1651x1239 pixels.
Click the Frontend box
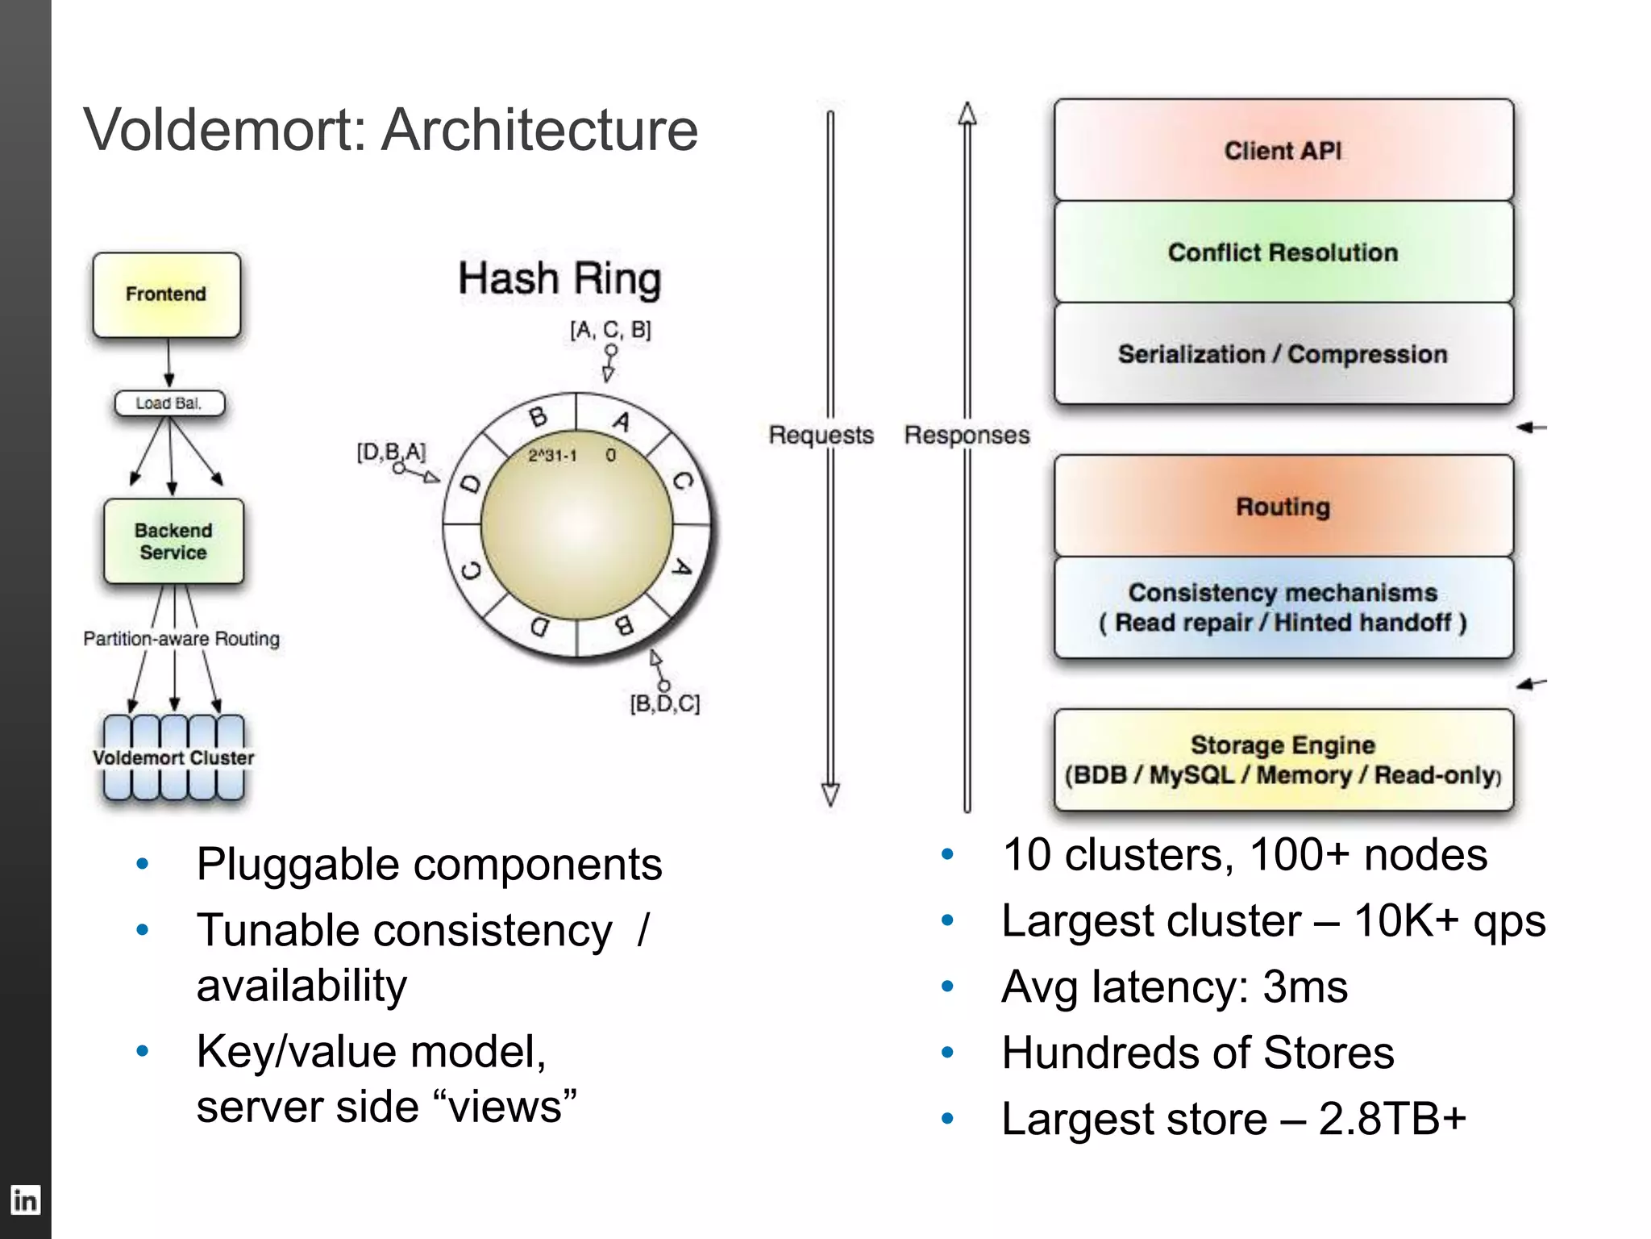[x=166, y=294]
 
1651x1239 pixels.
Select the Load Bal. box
[x=169, y=403]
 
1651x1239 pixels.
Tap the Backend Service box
[x=173, y=541]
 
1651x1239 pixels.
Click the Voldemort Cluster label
[x=173, y=757]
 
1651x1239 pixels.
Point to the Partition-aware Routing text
[x=181, y=638]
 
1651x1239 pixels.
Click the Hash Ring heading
[x=559, y=278]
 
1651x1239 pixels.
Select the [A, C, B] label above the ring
[x=610, y=329]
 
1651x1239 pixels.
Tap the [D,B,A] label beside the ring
[x=391, y=451]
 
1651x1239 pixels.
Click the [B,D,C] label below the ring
[x=664, y=703]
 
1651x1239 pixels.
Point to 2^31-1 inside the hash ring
[x=552, y=456]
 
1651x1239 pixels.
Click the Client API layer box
[x=1283, y=150]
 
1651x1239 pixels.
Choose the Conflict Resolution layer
[x=1283, y=252]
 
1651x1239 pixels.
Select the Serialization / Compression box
[x=1283, y=353]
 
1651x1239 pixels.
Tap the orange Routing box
[x=1283, y=506]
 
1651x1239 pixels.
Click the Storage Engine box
[x=1283, y=759]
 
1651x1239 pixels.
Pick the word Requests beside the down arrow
[x=821, y=435]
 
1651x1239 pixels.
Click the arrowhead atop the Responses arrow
[x=967, y=114]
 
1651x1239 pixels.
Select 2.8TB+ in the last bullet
[x=1392, y=1118]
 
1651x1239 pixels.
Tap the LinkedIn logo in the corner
[x=25, y=1200]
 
